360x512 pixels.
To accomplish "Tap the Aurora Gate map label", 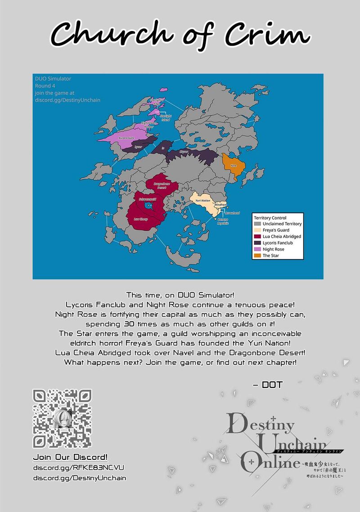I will point(126,138).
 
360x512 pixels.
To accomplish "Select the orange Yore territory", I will point(234,166).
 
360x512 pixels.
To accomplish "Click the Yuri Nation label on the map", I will point(203,201).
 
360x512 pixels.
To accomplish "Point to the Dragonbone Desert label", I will point(160,185).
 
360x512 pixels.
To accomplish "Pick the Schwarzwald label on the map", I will point(147,198).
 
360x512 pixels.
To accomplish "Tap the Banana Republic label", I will point(223,221).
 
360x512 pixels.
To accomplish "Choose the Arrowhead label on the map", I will point(232,213).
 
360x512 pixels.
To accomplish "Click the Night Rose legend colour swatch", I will point(257,249).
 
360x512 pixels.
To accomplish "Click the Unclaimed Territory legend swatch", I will point(257,224).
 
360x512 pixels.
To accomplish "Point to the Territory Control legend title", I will point(270,218).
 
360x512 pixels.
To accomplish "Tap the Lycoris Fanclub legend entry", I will point(279,243).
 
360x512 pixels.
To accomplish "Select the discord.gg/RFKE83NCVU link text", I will point(79,468).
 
